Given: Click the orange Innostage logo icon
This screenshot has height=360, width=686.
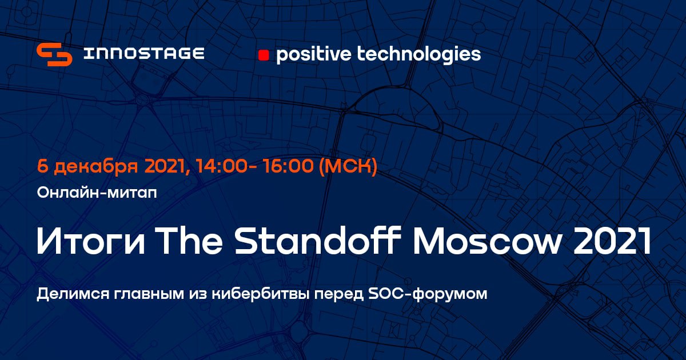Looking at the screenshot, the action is [54, 54].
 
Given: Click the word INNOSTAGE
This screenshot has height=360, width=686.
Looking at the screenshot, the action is [144, 53].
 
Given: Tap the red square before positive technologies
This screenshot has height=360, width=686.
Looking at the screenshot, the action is [264, 55].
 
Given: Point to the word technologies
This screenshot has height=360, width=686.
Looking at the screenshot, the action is [419, 54].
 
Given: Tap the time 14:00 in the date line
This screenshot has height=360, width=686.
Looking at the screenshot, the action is [221, 166].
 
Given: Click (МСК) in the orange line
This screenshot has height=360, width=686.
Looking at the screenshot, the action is [348, 166].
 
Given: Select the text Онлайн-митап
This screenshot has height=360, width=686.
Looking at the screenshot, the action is [97, 193].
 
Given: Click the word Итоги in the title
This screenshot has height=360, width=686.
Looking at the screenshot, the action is [91, 241].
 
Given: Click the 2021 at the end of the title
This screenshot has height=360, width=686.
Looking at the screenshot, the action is [612, 241].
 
